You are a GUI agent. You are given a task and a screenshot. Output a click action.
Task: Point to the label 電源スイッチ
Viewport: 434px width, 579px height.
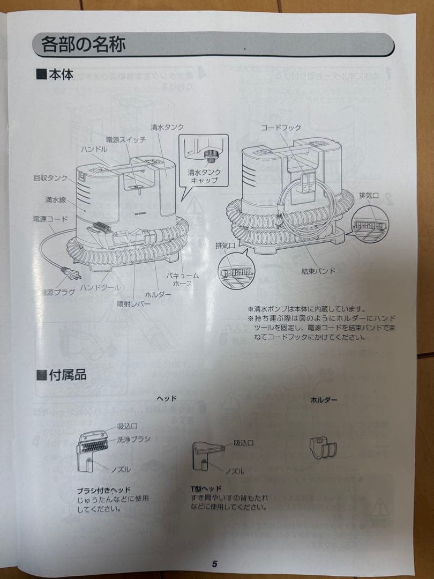point(126,139)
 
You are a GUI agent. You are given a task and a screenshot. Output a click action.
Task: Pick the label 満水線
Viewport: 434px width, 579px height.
point(56,199)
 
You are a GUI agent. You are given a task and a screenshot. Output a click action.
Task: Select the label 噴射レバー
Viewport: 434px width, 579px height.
point(133,303)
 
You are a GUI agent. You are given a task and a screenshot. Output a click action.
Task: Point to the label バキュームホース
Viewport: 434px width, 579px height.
point(182,279)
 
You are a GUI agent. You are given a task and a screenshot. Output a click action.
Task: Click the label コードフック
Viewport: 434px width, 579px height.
point(281,128)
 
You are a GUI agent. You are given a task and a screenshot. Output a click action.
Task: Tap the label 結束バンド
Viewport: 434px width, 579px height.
point(318,271)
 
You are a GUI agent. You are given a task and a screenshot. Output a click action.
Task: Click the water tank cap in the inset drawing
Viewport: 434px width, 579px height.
point(211,157)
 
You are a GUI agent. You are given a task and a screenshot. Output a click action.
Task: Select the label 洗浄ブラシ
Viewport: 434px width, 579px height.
point(133,439)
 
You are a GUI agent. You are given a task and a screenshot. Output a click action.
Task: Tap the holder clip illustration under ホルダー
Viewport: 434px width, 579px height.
point(324,446)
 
